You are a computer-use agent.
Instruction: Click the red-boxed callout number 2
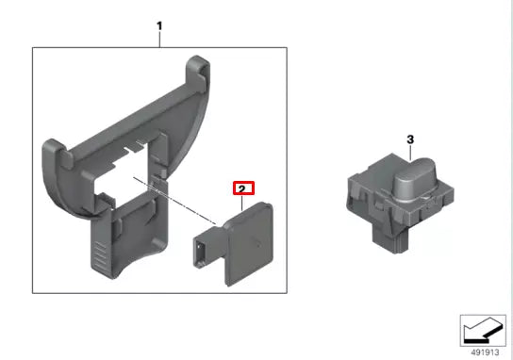(243, 188)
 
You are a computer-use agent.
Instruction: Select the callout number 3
(410, 139)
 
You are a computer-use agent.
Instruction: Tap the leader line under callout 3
(410, 152)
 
